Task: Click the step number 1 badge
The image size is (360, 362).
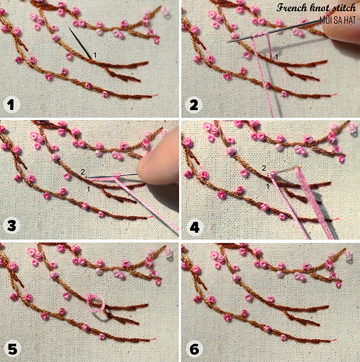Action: (12, 105)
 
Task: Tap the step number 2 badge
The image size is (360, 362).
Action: (194, 105)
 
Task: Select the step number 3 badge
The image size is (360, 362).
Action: (12, 225)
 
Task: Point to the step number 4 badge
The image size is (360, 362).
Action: (195, 228)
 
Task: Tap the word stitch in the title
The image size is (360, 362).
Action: (344, 8)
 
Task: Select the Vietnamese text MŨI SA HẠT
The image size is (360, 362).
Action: (338, 20)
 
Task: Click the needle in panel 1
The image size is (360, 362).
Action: (80, 43)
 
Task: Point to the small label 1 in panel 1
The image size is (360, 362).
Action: (95, 55)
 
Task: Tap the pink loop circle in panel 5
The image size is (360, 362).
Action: (95, 303)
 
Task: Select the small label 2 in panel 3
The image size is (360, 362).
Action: (83, 172)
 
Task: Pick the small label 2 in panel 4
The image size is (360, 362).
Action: (264, 168)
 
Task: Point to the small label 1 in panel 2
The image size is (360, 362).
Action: (276, 56)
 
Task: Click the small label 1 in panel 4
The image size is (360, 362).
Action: (268, 186)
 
